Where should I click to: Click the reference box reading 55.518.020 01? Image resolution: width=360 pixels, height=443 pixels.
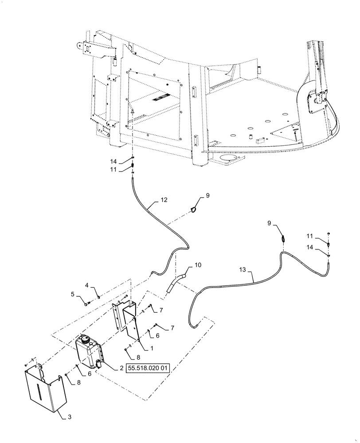[148, 368]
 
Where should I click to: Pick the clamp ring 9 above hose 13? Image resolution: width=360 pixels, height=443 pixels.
[282, 238]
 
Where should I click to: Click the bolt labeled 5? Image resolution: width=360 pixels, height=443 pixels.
[87, 303]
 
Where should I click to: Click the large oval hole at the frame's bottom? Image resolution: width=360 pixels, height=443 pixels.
[229, 158]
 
